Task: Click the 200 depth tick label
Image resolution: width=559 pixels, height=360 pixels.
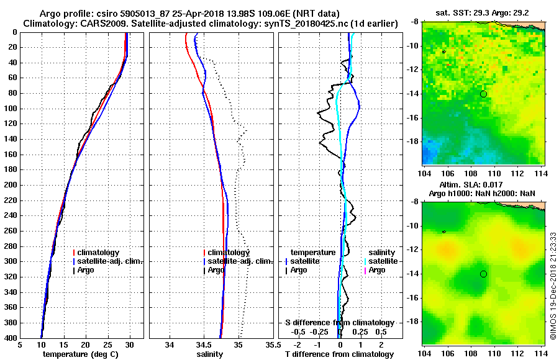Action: click(x=11, y=185)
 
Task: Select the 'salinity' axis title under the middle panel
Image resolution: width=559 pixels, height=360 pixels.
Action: click(x=211, y=354)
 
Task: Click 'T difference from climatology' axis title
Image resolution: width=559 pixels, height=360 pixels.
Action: click(x=339, y=354)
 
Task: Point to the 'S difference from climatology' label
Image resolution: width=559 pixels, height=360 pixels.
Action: click(x=339, y=323)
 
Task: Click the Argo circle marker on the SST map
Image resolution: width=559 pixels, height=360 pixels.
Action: click(x=483, y=94)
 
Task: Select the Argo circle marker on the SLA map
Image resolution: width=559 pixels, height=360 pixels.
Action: click(x=483, y=274)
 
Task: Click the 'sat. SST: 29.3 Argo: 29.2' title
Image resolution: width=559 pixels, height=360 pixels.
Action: click(x=484, y=12)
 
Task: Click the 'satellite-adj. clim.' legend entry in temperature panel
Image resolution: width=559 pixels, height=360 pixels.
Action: click(x=109, y=261)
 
